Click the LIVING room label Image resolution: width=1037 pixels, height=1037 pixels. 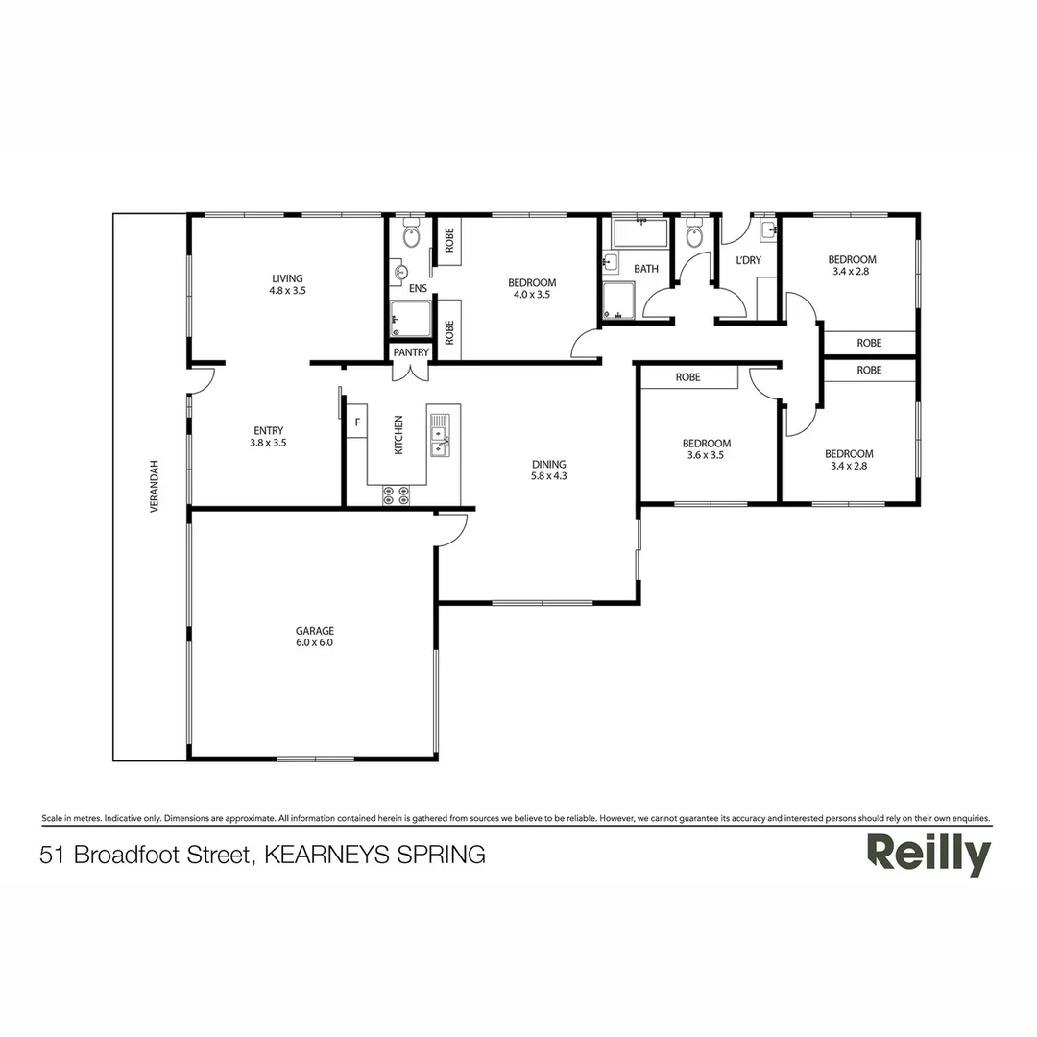pos(288,278)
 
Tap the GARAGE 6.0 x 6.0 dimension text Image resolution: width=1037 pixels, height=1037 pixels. pos(314,643)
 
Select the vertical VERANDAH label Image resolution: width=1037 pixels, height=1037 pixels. pos(154,486)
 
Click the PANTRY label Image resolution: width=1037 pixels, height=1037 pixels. pos(411,352)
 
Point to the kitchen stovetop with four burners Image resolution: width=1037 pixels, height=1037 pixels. pos(397,494)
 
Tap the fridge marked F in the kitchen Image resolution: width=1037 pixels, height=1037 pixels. pos(357,422)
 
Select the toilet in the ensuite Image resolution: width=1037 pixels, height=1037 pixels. pos(411,233)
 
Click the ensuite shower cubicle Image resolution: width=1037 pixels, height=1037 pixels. pos(410,318)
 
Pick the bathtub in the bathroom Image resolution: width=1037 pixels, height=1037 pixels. pos(639,233)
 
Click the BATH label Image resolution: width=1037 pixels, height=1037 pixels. pos(646,269)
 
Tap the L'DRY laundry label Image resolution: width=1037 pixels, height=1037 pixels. pos(748,261)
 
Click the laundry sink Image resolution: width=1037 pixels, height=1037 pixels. pos(766,229)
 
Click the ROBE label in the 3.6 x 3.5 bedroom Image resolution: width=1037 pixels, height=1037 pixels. pos(687,377)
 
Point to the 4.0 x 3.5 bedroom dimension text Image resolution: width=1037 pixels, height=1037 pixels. pos(531,296)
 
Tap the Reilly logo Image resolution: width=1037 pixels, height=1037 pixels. pos(928,854)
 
